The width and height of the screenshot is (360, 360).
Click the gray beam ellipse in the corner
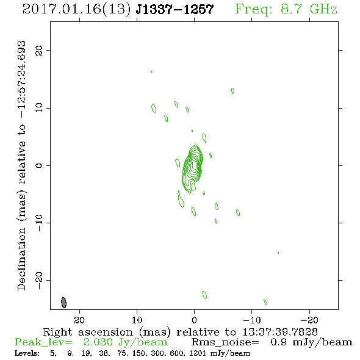point(63,303)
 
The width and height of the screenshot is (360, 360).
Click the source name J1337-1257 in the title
point(175,9)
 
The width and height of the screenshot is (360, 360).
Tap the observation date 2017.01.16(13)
point(77,9)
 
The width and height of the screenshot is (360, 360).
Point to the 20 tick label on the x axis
point(79,320)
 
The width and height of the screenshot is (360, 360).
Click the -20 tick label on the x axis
point(309,320)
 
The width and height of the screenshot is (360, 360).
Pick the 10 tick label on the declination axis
point(39,107)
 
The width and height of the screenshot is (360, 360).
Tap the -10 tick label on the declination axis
point(39,223)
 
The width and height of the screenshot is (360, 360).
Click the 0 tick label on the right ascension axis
point(194,320)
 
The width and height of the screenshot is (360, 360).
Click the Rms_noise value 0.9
point(278,342)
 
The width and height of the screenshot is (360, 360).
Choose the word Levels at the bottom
point(27,353)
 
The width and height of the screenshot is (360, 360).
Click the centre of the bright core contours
point(194,165)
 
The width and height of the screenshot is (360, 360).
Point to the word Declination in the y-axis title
point(21,259)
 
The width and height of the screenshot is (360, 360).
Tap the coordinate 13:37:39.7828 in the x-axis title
point(280,332)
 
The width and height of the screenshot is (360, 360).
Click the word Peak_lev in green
point(43,342)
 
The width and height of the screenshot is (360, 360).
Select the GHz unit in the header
point(323,9)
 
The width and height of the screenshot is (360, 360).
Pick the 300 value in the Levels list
point(157,353)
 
